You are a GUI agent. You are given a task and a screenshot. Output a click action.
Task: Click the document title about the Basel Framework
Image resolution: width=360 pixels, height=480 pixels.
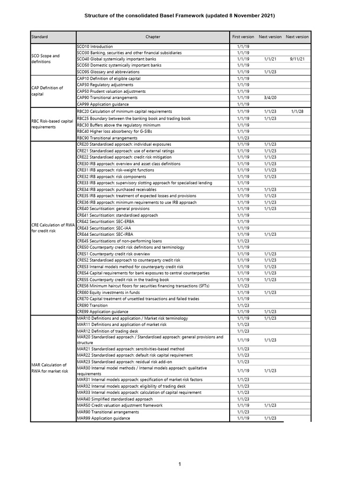[180, 16]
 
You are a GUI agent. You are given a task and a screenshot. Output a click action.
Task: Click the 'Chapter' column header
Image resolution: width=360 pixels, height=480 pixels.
[153, 37]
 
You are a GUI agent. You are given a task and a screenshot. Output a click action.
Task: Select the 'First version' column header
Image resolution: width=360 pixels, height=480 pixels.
[243, 37]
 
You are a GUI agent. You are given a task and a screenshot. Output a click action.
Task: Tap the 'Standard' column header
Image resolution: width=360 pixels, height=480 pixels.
[39, 37]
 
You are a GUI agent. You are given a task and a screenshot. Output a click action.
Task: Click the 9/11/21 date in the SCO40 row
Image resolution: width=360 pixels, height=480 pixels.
[297, 60]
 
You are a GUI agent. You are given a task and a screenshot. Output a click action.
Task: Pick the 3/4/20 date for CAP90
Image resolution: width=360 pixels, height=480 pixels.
[270, 97]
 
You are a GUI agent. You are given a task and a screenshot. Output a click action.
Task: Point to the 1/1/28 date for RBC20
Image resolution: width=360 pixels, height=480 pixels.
[297, 112]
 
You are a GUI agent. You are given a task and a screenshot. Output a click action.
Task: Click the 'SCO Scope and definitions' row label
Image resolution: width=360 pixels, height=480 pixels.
[45, 59]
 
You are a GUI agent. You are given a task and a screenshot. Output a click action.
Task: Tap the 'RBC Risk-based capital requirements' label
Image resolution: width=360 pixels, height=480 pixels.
[52, 124]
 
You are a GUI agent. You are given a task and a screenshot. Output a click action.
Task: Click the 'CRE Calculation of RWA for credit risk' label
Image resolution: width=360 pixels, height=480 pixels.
[52, 228]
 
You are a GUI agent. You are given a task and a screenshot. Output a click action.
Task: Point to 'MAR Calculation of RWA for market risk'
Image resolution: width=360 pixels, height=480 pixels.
[49, 367]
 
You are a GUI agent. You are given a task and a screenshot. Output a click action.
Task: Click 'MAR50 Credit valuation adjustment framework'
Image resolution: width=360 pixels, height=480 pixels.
[120, 405]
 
